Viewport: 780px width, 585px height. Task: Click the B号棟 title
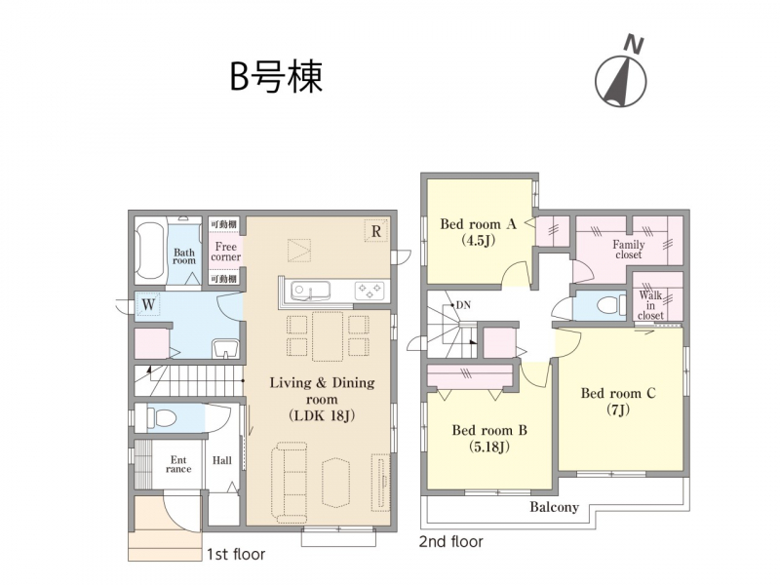click(276, 78)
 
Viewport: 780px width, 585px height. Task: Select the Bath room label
click(184, 256)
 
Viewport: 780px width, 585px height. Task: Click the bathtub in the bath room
click(150, 251)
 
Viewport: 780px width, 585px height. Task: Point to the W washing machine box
click(148, 303)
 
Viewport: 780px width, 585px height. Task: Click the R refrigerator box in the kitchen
click(376, 231)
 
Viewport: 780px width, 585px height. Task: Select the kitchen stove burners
click(370, 290)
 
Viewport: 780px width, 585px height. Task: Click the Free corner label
click(226, 252)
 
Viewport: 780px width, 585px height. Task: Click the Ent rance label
click(178, 465)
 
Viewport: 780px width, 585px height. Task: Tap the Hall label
click(222, 460)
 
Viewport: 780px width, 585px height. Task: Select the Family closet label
click(629, 250)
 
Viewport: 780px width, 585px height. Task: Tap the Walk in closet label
click(650, 305)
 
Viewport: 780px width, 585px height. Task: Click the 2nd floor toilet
click(611, 305)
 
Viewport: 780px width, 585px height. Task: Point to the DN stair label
click(463, 305)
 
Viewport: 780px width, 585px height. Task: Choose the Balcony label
click(554, 507)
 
